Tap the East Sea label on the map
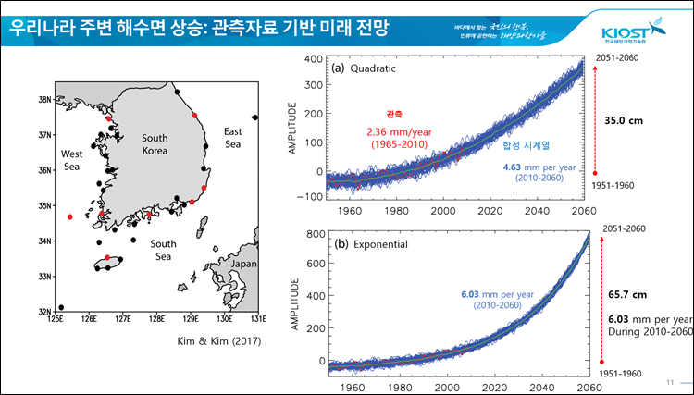pos(232,138)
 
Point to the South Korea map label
pos(155,144)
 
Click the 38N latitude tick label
pos(43,99)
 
